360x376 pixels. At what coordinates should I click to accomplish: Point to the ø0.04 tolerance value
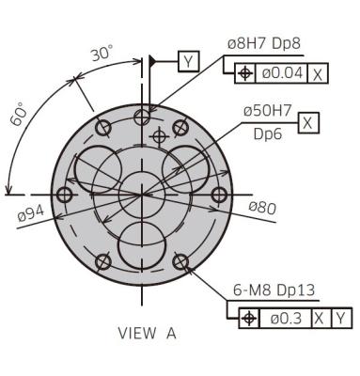[284, 72]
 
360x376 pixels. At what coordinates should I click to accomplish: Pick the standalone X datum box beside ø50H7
[309, 122]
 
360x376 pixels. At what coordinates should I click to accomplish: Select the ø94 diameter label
[31, 214]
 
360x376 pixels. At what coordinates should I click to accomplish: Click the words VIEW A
[147, 333]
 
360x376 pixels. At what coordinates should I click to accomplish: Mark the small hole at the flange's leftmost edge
[64, 195]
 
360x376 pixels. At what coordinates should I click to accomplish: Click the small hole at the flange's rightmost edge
[220, 195]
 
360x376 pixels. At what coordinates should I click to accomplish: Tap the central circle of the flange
[142, 195]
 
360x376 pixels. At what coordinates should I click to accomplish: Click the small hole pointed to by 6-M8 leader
[181, 262]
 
